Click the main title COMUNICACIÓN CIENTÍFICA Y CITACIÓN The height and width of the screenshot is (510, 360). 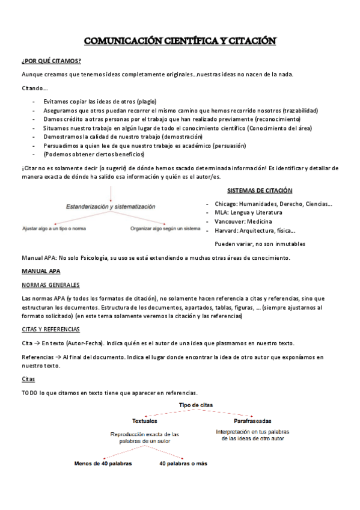click(180, 41)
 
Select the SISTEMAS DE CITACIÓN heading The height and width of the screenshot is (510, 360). click(260, 191)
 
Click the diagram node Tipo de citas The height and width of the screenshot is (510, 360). click(195, 405)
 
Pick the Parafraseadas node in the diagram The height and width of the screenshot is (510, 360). click(252, 420)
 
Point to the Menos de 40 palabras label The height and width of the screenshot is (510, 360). click(103, 464)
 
